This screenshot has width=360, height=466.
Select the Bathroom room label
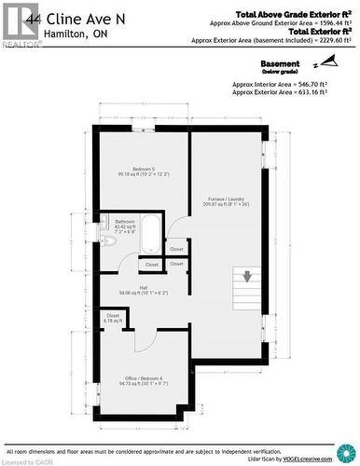pos(125,224)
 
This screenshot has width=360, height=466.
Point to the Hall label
pos(143,290)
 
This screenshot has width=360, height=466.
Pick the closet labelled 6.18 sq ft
pos(113,318)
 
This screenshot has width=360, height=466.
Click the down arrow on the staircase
pos(249,276)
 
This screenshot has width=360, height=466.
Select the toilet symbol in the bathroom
pos(108,240)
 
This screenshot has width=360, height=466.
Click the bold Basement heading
pos(280,63)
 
